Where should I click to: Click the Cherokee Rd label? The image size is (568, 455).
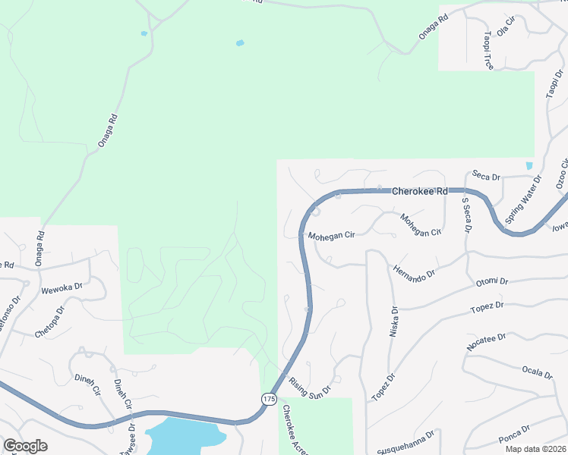click(x=420, y=192)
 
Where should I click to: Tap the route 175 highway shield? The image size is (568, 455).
click(x=269, y=398)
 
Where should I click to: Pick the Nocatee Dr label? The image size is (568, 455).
click(x=487, y=341)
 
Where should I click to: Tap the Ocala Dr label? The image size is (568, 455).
click(x=536, y=372)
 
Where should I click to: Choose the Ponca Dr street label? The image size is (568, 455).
click(x=514, y=431)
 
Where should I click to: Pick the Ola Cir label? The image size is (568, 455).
click(x=506, y=27)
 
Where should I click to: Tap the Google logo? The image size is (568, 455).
click(x=25, y=446)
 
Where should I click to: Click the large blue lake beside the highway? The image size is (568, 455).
click(x=185, y=435)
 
